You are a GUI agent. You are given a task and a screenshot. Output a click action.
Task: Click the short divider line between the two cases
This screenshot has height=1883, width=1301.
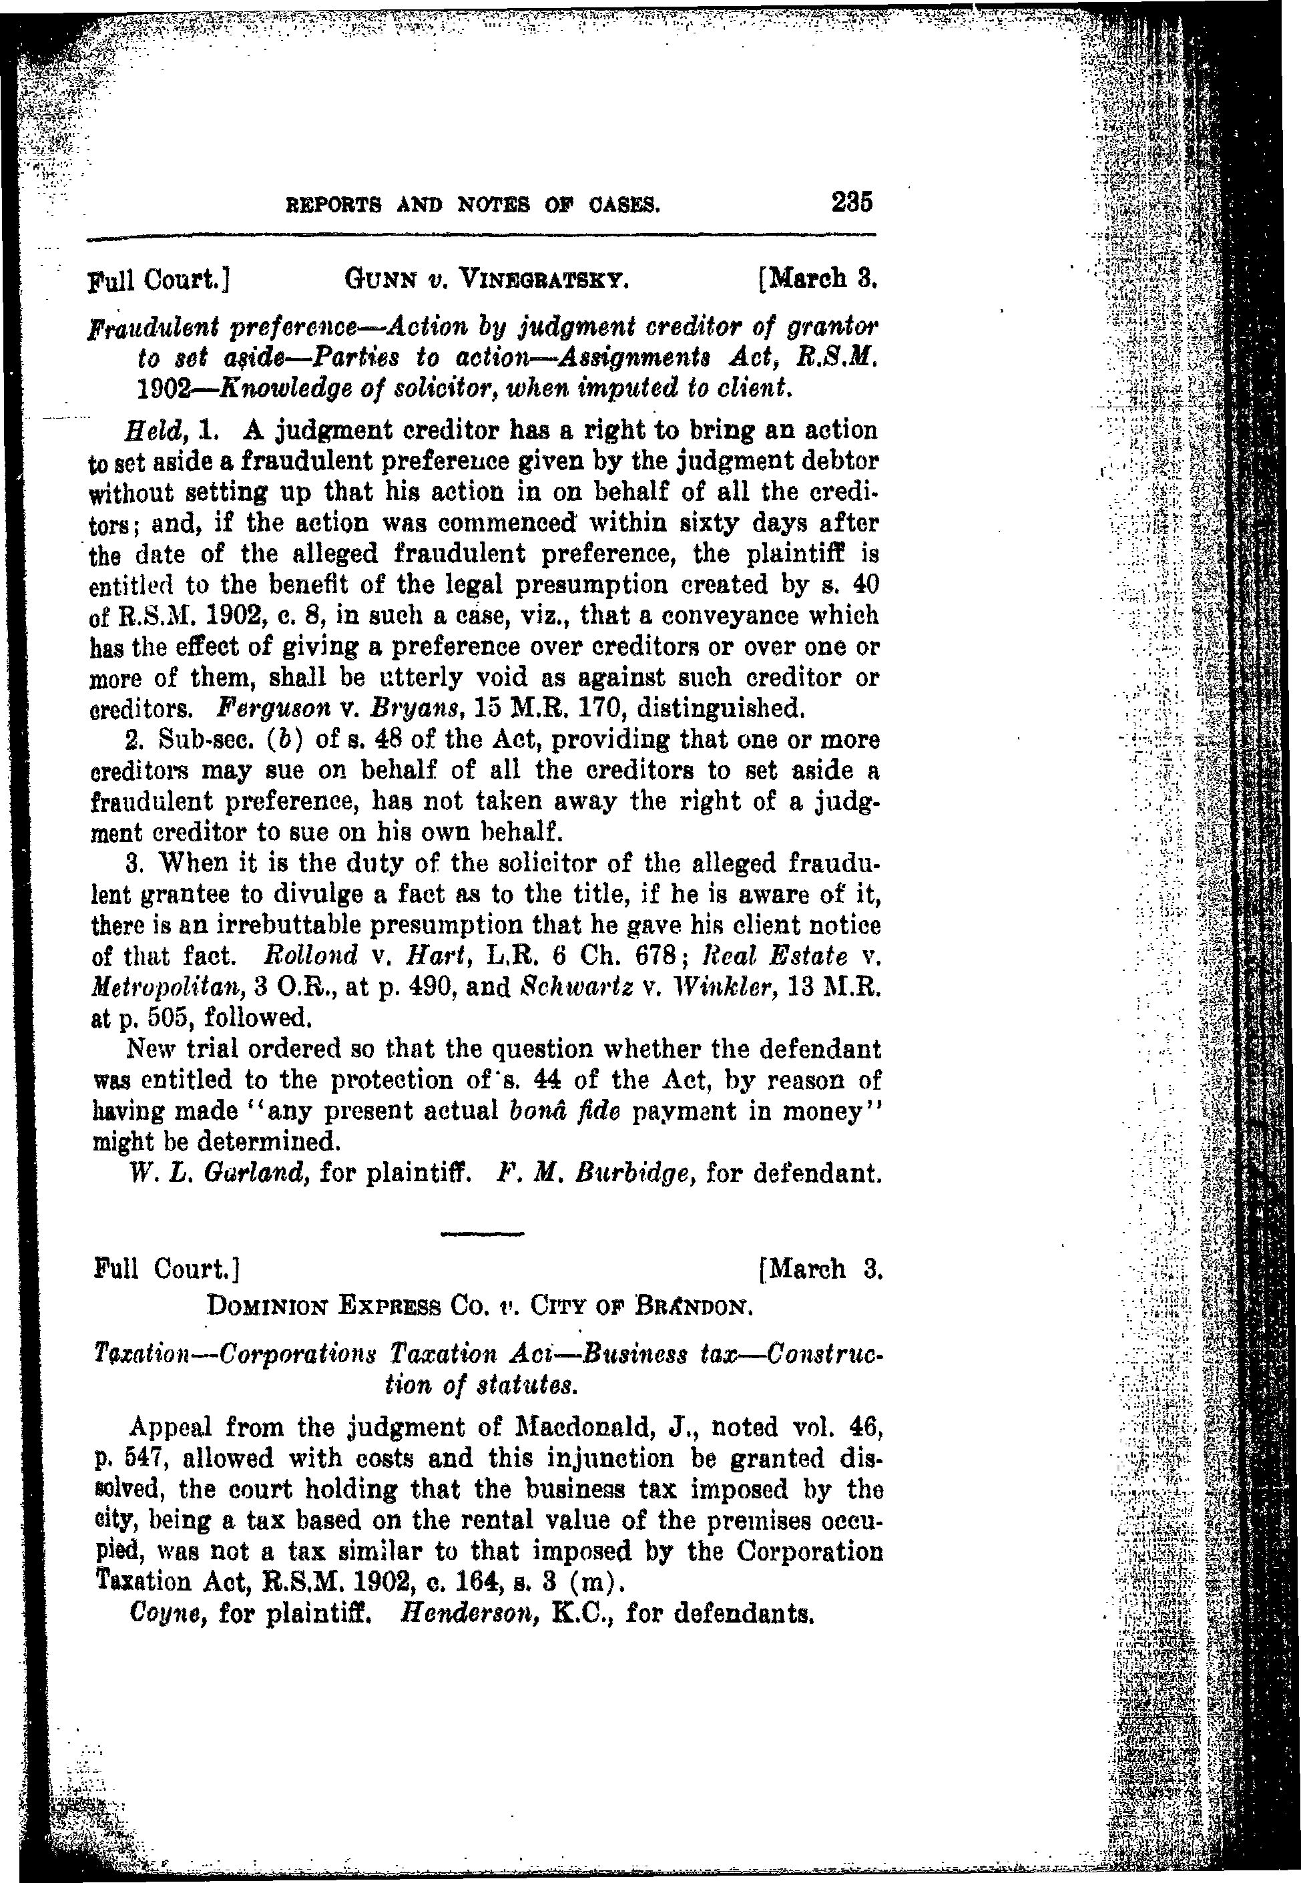[482, 1232]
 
